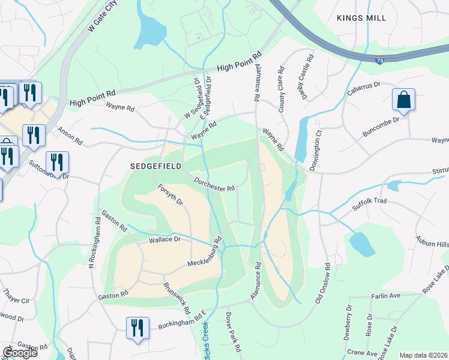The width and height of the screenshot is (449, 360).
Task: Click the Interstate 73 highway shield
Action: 379,60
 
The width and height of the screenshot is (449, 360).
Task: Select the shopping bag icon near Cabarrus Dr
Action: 404,100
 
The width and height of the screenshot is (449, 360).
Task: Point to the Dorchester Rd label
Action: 213,184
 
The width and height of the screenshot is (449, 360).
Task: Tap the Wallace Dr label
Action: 164,239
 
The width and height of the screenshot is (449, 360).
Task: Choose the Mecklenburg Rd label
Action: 205,254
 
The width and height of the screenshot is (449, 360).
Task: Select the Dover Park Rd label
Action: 234,331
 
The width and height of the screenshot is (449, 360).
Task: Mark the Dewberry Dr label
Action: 348,323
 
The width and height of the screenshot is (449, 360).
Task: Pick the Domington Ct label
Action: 320,150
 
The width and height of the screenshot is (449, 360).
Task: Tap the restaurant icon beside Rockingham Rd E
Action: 138,328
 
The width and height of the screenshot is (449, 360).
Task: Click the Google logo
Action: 20,353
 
